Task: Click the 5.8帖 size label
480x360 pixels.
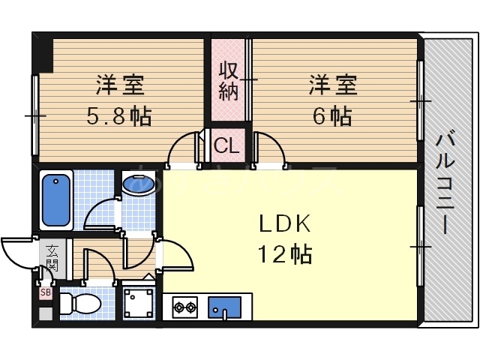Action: (x=120, y=116)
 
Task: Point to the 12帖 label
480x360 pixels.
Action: (x=285, y=254)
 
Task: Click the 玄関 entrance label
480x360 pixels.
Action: (x=52, y=256)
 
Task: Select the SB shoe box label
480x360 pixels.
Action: (x=46, y=292)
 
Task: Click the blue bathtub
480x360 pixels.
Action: (x=56, y=199)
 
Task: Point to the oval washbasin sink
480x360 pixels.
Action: (x=139, y=184)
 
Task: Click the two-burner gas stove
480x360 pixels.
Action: (x=184, y=306)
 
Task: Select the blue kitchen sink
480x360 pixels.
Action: (x=224, y=306)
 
